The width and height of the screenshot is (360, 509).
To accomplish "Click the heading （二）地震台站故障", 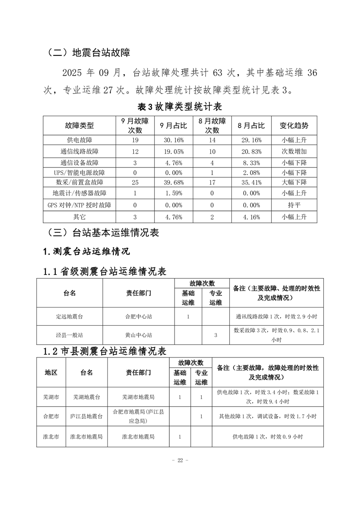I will [x=88, y=53].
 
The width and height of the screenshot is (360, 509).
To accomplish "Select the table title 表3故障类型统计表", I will [x=180, y=107].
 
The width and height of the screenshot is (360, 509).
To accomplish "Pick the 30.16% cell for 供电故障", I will [x=172, y=140].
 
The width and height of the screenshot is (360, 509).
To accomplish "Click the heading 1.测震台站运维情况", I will [x=87, y=251].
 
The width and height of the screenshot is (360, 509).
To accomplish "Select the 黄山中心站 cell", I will [x=139, y=335].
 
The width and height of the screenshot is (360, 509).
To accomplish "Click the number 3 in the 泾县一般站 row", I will [x=216, y=335].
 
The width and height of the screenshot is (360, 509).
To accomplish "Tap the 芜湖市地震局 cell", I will [x=139, y=397].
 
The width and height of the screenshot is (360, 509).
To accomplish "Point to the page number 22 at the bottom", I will [x=180, y=460].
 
